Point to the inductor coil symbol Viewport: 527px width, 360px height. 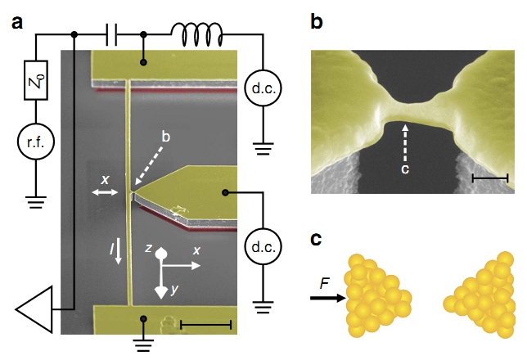pyautogui.click(x=196, y=33)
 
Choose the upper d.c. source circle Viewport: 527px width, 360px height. pyautogui.click(x=262, y=85)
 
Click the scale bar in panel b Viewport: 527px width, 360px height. pyautogui.click(x=491, y=177)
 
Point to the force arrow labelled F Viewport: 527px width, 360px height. pyautogui.click(x=327, y=299)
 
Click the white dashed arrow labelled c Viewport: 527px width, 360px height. pyautogui.click(x=406, y=147)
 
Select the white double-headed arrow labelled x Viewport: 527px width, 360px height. pyautogui.click(x=105, y=191)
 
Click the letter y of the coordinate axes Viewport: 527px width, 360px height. pyautogui.click(x=173, y=290)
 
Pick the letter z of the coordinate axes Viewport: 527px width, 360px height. pyautogui.click(x=146, y=245)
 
